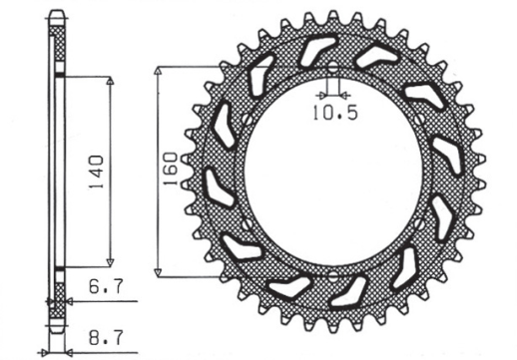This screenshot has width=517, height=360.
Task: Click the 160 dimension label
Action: point(171,172)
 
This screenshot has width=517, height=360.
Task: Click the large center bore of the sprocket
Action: point(330,172)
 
